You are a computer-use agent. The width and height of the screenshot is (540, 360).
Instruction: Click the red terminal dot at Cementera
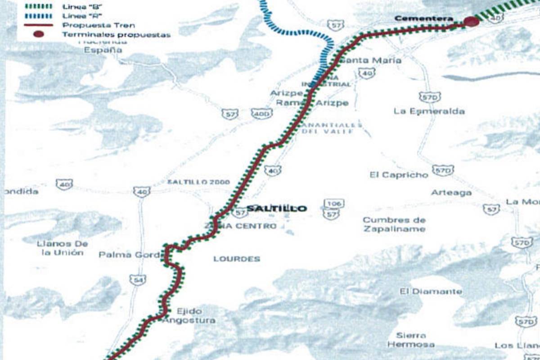471,22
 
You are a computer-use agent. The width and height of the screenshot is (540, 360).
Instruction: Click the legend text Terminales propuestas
116,35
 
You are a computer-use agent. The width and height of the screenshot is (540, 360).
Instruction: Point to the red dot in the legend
38,34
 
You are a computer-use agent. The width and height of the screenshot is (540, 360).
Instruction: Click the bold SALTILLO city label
277,208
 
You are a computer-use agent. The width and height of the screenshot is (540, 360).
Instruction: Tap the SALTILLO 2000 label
198,182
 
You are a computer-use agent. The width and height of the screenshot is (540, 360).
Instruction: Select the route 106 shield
333,204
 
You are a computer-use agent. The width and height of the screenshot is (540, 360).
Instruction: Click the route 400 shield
261,113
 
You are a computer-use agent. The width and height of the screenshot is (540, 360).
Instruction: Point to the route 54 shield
137,280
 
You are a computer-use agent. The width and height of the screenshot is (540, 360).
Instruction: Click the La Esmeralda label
429,111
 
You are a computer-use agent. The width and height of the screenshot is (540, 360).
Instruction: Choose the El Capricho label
399,175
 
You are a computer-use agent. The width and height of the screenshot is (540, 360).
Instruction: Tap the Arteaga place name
451,193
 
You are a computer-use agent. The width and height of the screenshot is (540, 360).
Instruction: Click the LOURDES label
237,259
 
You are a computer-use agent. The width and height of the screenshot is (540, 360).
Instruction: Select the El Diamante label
431,291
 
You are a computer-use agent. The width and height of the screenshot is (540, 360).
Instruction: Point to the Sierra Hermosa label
411,340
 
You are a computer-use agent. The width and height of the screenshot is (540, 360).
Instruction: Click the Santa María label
371,60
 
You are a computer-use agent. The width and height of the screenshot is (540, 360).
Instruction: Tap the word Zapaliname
394,229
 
